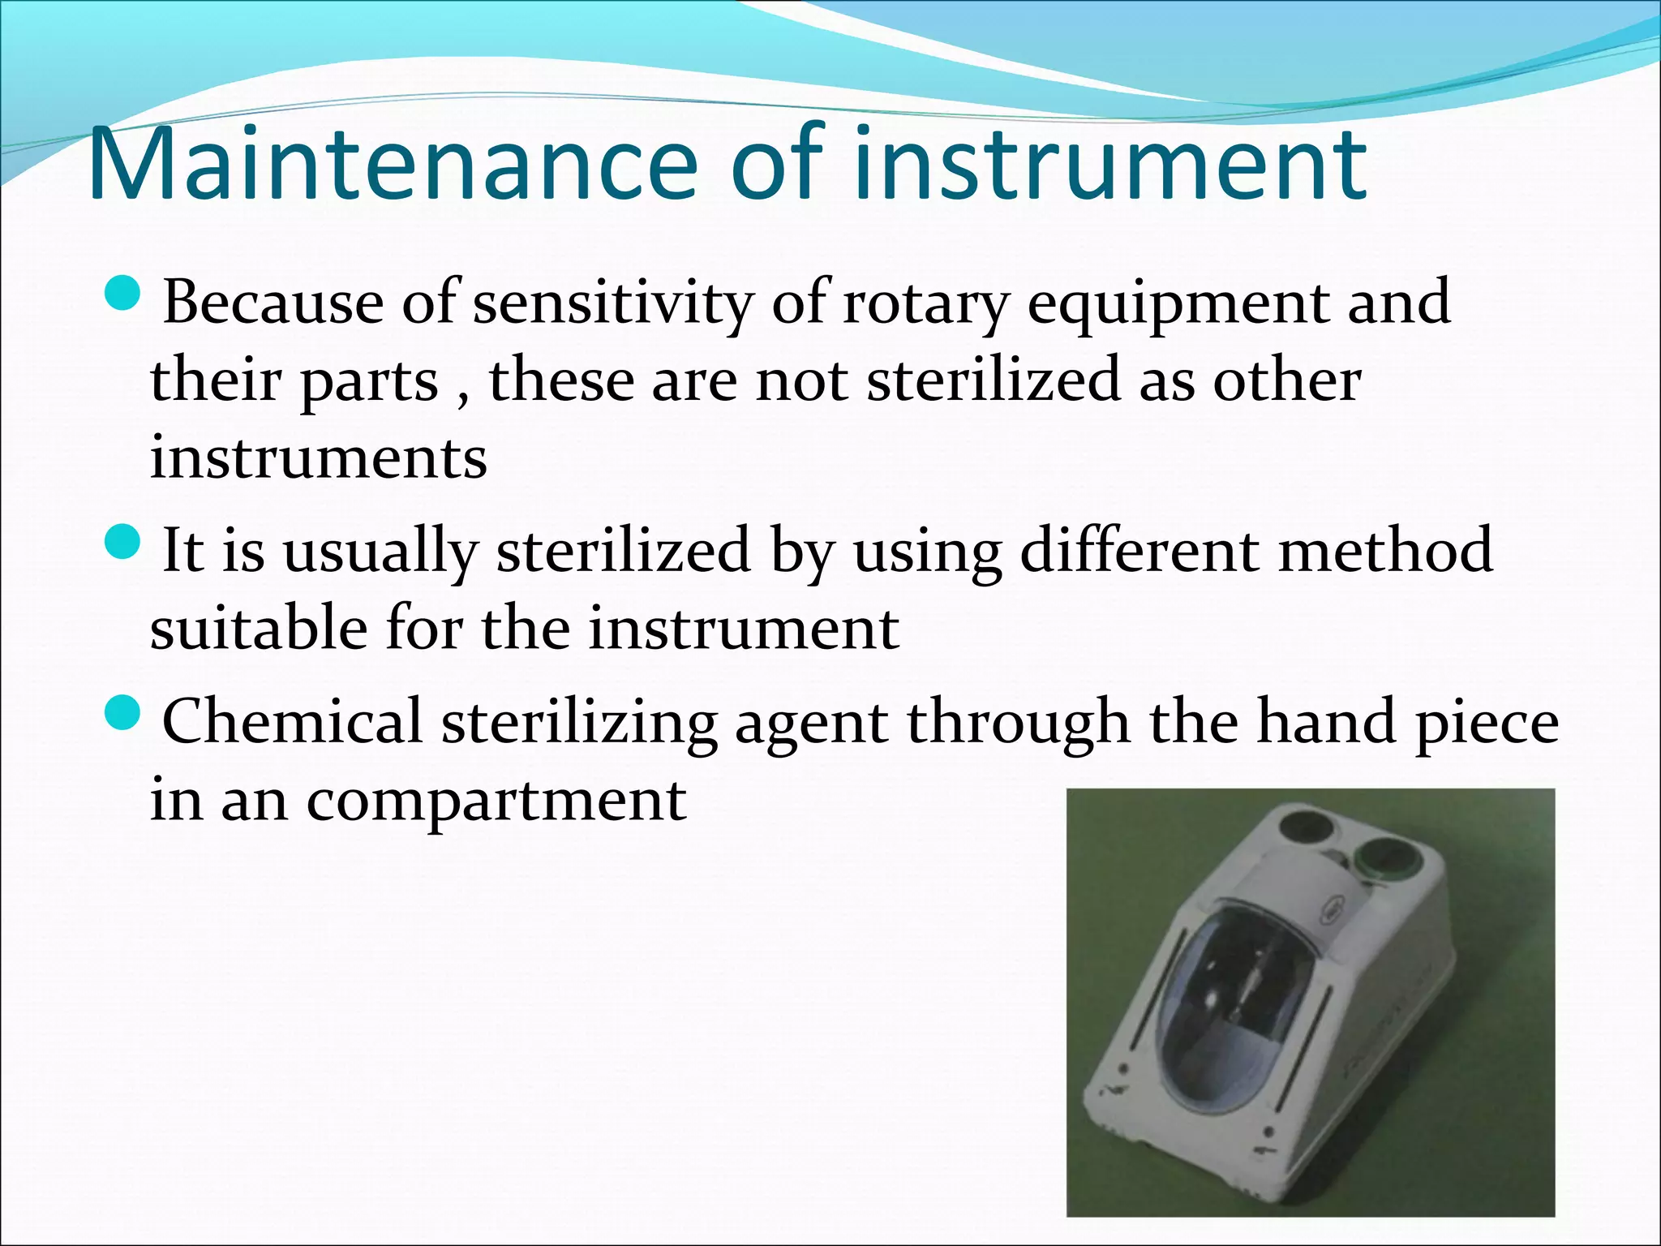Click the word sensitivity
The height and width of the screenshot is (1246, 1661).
pyautogui.click(x=613, y=303)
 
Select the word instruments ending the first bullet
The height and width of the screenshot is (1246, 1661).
pyautogui.click(x=319, y=458)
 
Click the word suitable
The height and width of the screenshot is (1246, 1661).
pyautogui.click(x=258, y=628)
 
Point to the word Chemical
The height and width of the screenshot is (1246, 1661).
pyautogui.click(x=293, y=721)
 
